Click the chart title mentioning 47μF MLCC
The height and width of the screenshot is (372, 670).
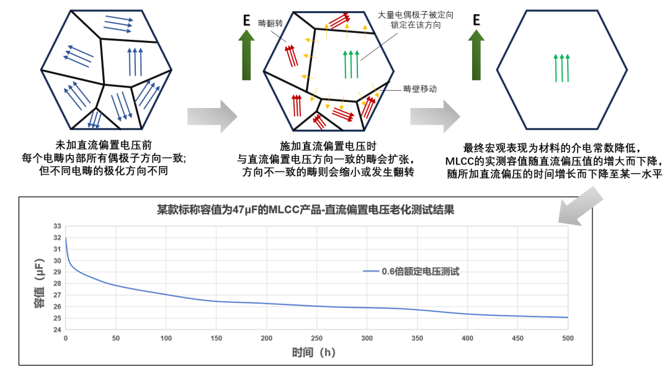[x=305, y=210]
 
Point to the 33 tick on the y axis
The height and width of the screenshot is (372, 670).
[x=57, y=226]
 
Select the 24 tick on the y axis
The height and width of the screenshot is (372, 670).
[x=57, y=330]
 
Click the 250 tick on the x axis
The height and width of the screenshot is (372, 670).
[x=316, y=338]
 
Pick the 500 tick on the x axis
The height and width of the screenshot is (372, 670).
[x=567, y=338]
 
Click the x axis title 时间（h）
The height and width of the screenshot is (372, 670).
[x=314, y=353]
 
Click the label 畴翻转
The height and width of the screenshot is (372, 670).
[x=270, y=22]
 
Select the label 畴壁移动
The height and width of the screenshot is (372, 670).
[x=419, y=89]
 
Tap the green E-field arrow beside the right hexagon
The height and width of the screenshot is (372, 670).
[x=476, y=57]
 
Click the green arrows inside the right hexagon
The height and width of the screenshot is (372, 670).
[x=561, y=68]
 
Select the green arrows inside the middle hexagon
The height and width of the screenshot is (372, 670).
[x=351, y=64]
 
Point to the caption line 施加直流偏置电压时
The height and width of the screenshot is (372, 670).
[x=328, y=146]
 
